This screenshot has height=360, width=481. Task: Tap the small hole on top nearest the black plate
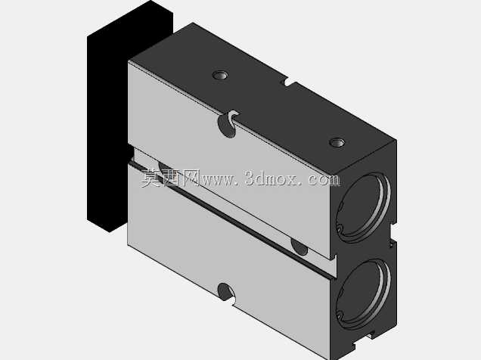[220, 75]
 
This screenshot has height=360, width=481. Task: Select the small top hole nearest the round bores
[337, 143]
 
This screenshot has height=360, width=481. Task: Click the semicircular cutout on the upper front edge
[228, 124]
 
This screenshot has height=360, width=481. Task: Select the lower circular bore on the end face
[364, 293]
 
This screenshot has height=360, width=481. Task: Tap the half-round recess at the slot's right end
[299, 247]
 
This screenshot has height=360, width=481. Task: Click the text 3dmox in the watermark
[271, 178]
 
